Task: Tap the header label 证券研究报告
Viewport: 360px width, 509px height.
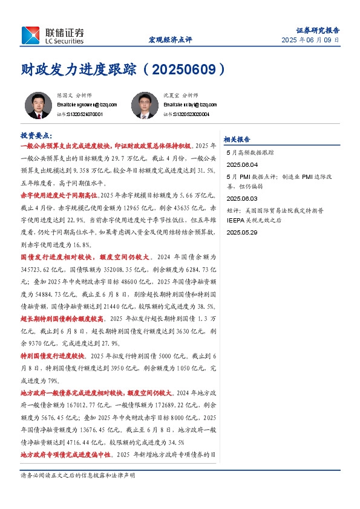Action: (318, 30)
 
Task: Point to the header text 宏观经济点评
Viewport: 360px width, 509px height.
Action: (171, 40)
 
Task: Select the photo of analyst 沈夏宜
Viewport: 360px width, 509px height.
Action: (145, 105)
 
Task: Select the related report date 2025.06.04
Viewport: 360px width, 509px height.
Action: (242, 164)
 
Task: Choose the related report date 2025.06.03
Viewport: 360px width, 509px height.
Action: (242, 198)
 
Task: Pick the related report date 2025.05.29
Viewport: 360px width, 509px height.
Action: (242, 232)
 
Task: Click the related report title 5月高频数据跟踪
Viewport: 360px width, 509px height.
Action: (250, 153)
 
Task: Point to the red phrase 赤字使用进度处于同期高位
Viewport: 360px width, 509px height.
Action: (58, 195)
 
